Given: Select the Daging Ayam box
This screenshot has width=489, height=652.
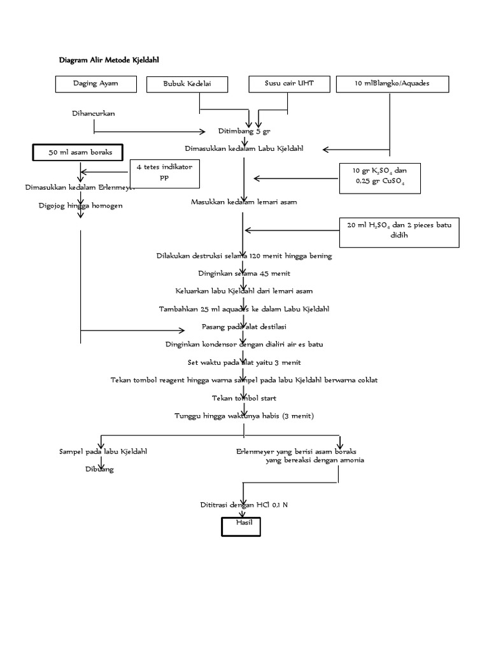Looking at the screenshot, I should click(x=96, y=84).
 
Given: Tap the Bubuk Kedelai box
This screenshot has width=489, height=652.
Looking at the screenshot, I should click(x=188, y=84).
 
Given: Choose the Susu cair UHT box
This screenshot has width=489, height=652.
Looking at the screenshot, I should click(x=289, y=84).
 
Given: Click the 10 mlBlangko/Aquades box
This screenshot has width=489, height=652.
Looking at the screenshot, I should click(x=392, y=84).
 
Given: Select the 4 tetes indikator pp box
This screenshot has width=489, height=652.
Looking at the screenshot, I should click(x=164, y=172).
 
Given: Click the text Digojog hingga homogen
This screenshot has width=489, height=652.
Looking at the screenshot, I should click(x=80, y=206).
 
